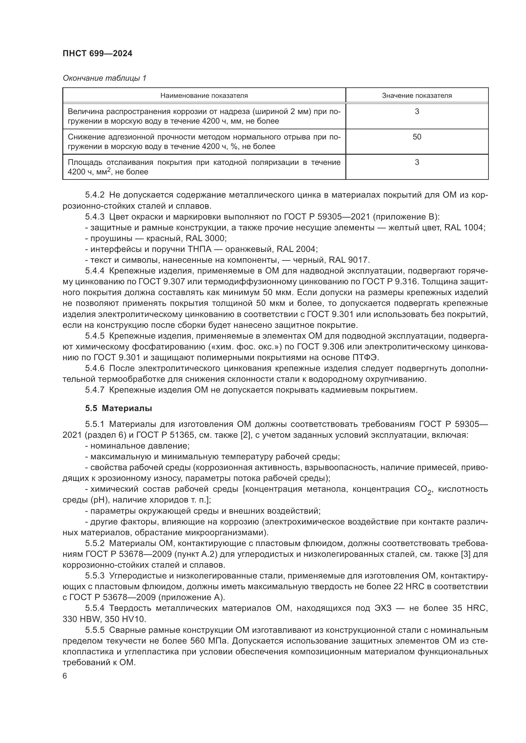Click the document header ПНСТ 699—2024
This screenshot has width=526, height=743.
coord(97,54)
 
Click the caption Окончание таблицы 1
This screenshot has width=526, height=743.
coord(104,78)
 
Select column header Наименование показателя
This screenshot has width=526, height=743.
coord(204,96)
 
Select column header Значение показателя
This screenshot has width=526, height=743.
coord(417,96)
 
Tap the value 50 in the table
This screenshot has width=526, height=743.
coord(417,137)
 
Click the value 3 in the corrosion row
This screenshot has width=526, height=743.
coord(417,111)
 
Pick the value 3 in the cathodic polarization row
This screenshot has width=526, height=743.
coord(417,162)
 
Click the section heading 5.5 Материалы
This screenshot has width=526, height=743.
coord(119,409)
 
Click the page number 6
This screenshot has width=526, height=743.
coord(65,676)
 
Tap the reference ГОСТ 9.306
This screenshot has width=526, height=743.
coord(328,347)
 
